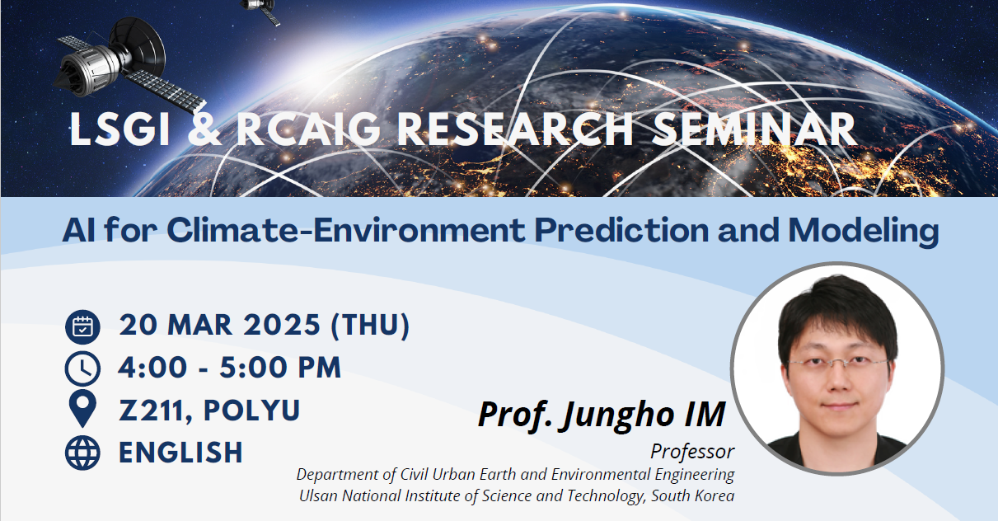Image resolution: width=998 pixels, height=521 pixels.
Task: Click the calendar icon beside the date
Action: pos(82,326)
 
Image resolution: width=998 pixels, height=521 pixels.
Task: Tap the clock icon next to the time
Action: pos(82,368)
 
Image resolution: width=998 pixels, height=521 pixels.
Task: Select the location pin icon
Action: pos(82,409)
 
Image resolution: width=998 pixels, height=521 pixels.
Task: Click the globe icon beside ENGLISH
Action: pos(82,453)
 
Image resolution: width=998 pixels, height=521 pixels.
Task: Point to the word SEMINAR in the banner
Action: pos(754,129)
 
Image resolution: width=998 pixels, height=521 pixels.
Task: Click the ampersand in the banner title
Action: pos(204,129)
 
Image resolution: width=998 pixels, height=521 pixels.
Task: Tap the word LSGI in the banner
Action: pos(119,129)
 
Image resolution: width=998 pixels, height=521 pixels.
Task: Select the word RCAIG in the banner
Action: pos(308,129)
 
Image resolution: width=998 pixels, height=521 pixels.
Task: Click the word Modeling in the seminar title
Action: pos(864,232)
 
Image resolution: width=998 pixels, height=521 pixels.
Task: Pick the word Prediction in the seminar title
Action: pos(621,231)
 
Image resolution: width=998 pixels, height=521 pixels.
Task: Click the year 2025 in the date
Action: pos(282,325)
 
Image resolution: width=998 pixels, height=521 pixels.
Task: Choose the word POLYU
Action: pos(251,410)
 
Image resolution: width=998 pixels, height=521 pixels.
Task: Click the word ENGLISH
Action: pos(180,453)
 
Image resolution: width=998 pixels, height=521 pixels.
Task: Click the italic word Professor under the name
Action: pos(692,452)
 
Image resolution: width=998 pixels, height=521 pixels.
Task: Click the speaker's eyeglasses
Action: pos(837,363)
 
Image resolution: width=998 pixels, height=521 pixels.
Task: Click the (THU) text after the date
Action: pos(370,325)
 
